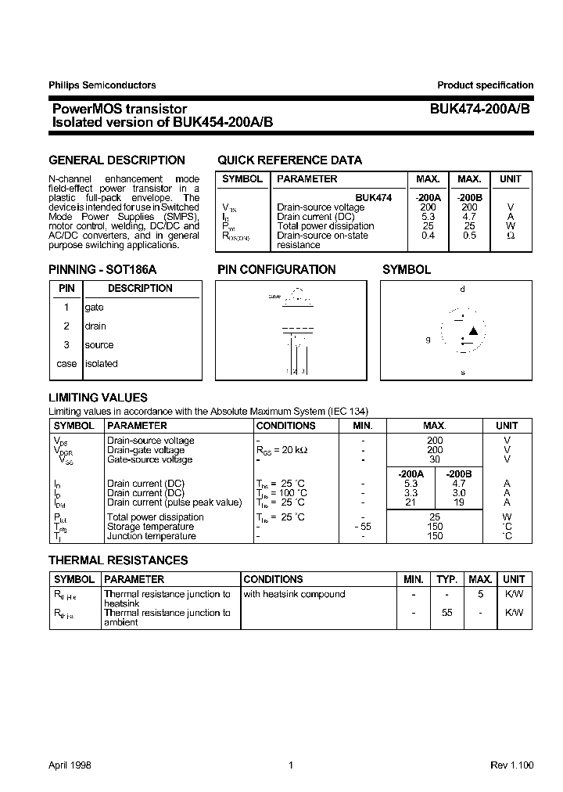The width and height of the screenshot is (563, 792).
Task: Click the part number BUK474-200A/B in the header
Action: (x=479, y=110)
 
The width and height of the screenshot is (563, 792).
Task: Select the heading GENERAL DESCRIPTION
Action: (x=117, y=160)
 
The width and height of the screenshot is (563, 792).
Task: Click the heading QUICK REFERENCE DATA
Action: (x=289, y=160)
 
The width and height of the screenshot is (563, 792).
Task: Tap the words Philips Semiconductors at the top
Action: (x=102, y=85)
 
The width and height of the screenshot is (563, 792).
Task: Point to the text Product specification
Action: (x=485, y=85)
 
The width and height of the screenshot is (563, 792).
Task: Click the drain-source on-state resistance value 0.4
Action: (x=428, y=236)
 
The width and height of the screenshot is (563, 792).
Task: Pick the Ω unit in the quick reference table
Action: (x=511, y=236)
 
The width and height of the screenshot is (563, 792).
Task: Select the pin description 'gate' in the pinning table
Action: (x=94, y=308)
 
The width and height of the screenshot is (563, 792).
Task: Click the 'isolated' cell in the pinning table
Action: (x=101, y=364)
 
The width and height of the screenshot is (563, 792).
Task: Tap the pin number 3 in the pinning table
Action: (x=66, y=345)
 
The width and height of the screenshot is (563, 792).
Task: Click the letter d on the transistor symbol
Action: (x=462, y=290)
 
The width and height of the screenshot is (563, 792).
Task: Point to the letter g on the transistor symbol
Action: (x=428, y=340)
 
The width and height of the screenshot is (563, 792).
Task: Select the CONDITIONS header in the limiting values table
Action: (x=286, y=426)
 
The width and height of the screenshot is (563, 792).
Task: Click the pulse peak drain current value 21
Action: (x=411, y=502)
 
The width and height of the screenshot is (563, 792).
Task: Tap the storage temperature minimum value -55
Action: (x=362, y=527)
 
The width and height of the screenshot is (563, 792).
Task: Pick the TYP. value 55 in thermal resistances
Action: (x=446, y=613)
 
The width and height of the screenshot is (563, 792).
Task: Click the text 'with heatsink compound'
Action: (x=294, y=594)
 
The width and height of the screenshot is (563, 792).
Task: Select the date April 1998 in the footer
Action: (x=70, y=765)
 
